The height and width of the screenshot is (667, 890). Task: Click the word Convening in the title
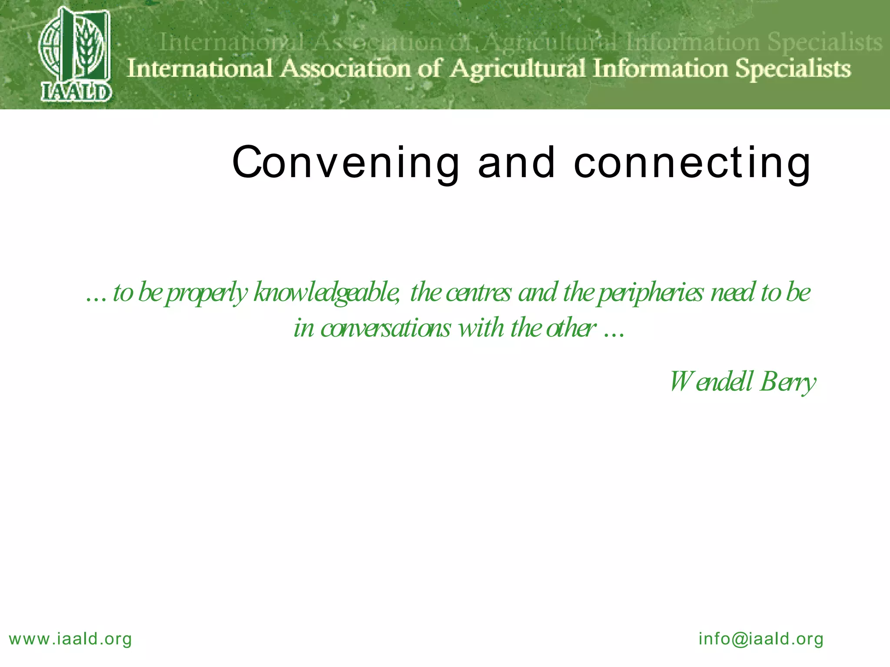(345, 163)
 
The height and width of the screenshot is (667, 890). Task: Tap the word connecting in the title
(692, 163)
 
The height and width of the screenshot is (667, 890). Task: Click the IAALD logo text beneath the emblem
(76, 92)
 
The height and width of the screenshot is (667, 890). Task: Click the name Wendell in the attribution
(711, 381)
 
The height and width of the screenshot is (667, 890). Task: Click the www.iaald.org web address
(70, 639)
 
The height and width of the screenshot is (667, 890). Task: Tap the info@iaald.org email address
(761, 639)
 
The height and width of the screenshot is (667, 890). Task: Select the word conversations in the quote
(385, 328)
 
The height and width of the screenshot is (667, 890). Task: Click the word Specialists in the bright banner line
(793, 69)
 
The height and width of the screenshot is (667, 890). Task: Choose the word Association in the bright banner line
(346, 69)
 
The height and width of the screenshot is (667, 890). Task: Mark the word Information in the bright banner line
(661, 69)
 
